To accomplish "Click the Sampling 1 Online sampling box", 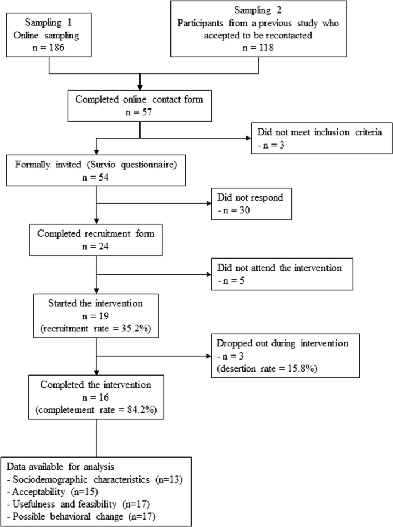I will coord(50,36).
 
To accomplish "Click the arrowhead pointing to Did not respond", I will coord(208,204).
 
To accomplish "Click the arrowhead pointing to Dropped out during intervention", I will coord(208,356).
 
